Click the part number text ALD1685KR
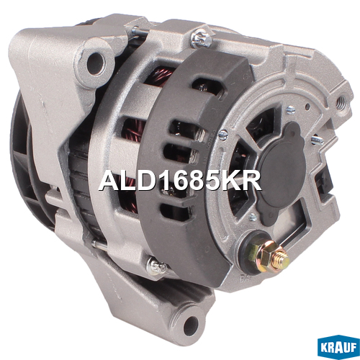click(x=180, y=181)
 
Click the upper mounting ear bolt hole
click(x=96, y=62)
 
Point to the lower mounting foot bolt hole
click(x=191, y=323)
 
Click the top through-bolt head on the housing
click(x=202, y=38)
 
